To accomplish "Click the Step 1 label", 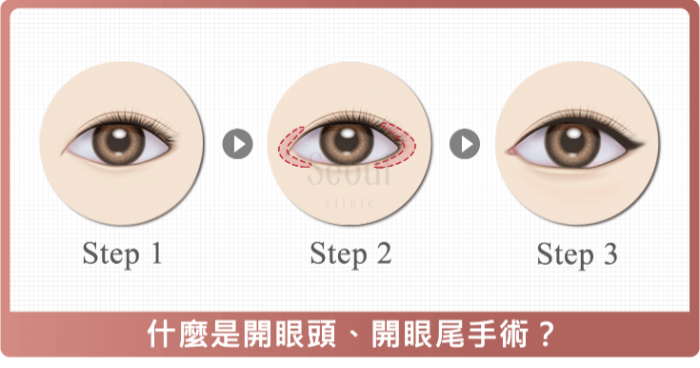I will click(122, 254).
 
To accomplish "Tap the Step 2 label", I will click(350, 254).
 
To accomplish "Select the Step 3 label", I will click(577, 254).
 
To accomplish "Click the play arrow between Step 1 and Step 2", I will click(237, 144).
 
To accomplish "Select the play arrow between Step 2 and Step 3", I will click(464, 144).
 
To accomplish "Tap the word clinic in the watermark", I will click(350, 202).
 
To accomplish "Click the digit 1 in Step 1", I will click(153, 254).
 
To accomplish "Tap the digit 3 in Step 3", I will click(609, 254).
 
